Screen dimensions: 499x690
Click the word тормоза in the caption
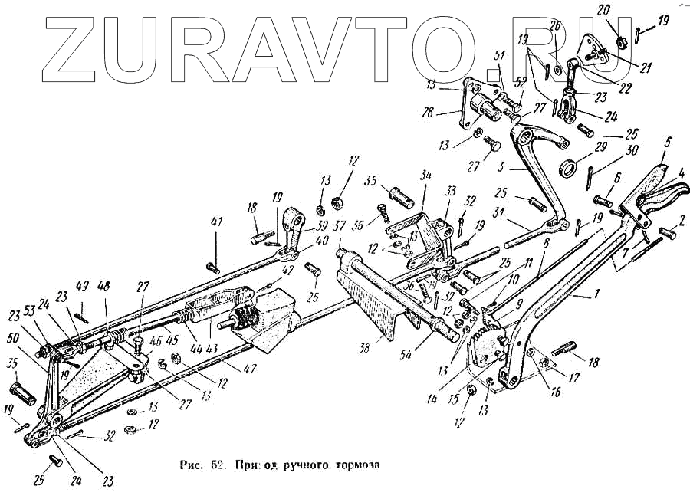point(356,465)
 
